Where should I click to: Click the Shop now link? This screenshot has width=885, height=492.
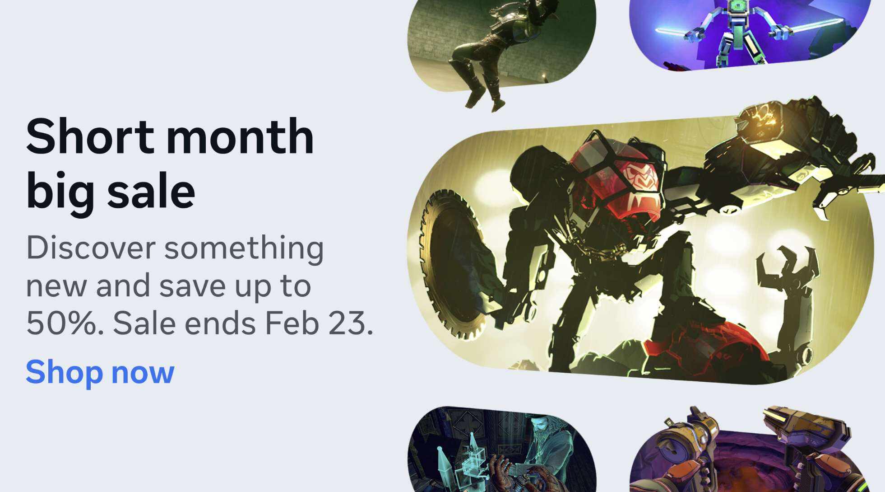click(100, 372)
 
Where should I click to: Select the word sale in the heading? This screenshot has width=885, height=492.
click(151, 192)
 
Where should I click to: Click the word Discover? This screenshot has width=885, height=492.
click(91, 248)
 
